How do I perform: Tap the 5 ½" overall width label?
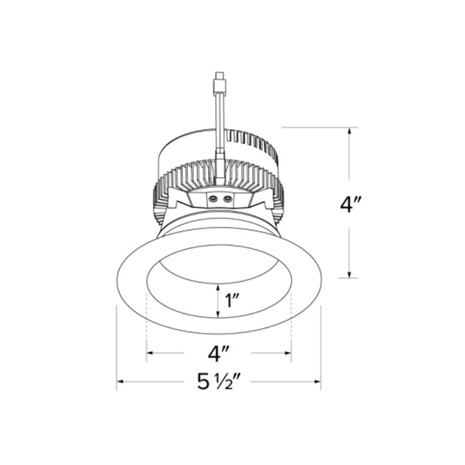(219, 382)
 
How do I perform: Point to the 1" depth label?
(231, 300)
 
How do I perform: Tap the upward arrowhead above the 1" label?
(219, 286)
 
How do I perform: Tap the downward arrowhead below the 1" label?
(219, 315)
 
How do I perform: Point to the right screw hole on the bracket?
(227, 198)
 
